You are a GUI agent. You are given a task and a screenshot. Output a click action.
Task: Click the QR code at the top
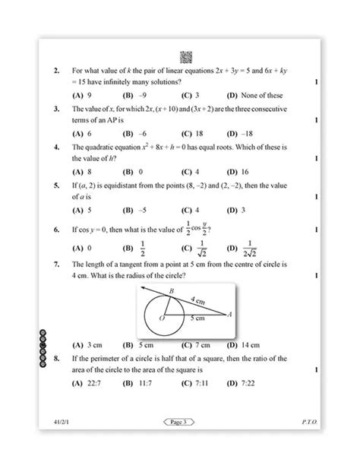click(184, 57)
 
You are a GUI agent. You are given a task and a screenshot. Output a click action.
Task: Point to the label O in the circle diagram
click(161, 320)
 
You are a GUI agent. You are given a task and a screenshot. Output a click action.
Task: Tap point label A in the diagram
click(229, 315)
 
